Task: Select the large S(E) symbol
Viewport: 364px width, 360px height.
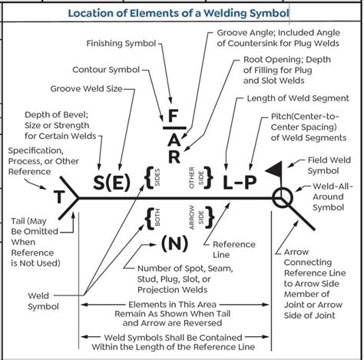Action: point(111,182)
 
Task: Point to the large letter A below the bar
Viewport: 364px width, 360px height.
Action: point(174,138)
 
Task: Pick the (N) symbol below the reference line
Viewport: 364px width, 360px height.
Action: point(174,244)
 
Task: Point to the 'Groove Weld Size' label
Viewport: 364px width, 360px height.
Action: point(86,89)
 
